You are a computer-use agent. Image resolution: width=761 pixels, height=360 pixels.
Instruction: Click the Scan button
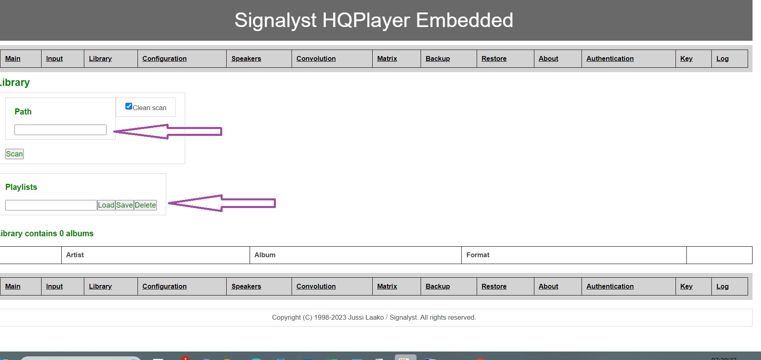pyautogui.click(x=15, y=154)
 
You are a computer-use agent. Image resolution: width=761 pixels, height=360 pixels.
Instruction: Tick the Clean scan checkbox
pyautogui.click(x=129, y=106)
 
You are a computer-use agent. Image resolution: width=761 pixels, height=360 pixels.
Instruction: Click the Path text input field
pyautogui.click(x=60, y=130)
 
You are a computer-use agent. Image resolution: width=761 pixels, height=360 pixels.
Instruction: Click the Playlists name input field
pyautogui.click(x=51, y=205)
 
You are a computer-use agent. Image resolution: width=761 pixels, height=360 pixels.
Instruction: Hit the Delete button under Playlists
pyautogui.click(x=145, y=205)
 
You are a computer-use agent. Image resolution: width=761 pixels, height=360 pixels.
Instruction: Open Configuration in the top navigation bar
pyautogui.click(x=165, y=59)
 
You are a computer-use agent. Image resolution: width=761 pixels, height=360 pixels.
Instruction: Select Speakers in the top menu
pyautogui.click(x=246, y=59)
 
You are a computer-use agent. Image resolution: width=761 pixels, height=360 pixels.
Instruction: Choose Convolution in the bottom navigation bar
pyautogui.click(x=316, y=287)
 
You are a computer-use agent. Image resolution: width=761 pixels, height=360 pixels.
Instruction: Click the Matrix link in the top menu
pyautogui.click(x=387, y=59)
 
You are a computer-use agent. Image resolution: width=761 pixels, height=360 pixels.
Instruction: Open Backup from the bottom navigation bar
pyautogui.click(x=438, y=287)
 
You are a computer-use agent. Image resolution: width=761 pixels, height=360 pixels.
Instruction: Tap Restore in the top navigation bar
pyautogui.click(x=494, y=59)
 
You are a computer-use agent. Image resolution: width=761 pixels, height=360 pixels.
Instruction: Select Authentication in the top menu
pyautogui.click(x=610, y=59)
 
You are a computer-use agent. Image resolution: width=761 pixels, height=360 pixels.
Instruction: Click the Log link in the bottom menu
pyautogui.click(x=723, y=287)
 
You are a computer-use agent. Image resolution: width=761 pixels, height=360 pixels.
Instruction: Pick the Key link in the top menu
pyautogui.click(x=686, y=59)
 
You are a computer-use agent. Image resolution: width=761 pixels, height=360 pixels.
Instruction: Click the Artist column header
pyautogui.click(x=75, y=255)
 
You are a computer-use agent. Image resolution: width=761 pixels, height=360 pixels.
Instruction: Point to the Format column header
pyautogui.click(x=478, y=255)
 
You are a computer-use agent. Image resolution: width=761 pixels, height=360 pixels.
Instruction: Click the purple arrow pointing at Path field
pyautogui.click(x=168, y=131)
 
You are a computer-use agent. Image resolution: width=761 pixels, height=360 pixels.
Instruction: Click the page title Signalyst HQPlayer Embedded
pyautogui.click(x=374, y=20)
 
